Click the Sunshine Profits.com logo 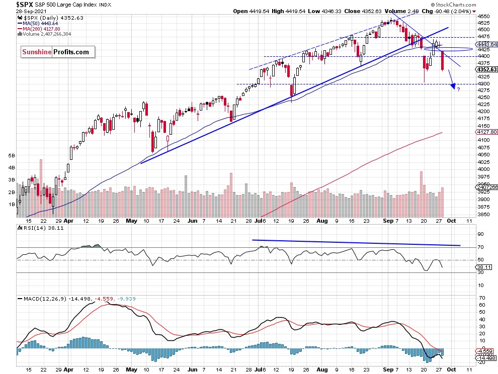56,52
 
